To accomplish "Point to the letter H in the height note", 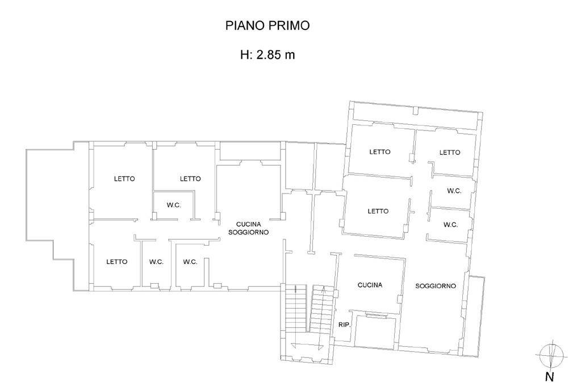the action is point(245,55).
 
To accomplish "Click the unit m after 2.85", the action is point(290,56).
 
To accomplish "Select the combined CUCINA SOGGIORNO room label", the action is point(248,228).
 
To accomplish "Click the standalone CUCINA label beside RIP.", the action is point(370,285).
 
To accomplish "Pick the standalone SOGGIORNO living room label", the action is point(436,286).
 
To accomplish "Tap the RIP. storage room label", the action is point(345,325).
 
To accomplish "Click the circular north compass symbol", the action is point(551,356).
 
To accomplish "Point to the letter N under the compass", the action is point(550,377).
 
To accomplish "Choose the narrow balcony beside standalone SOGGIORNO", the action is point(475,317).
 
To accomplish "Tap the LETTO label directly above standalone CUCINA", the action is point(378,211).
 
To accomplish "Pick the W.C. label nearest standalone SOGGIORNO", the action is point(450,225).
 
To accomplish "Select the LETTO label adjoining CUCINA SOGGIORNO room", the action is point(190,179).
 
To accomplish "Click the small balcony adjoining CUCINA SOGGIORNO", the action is point(250,151).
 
